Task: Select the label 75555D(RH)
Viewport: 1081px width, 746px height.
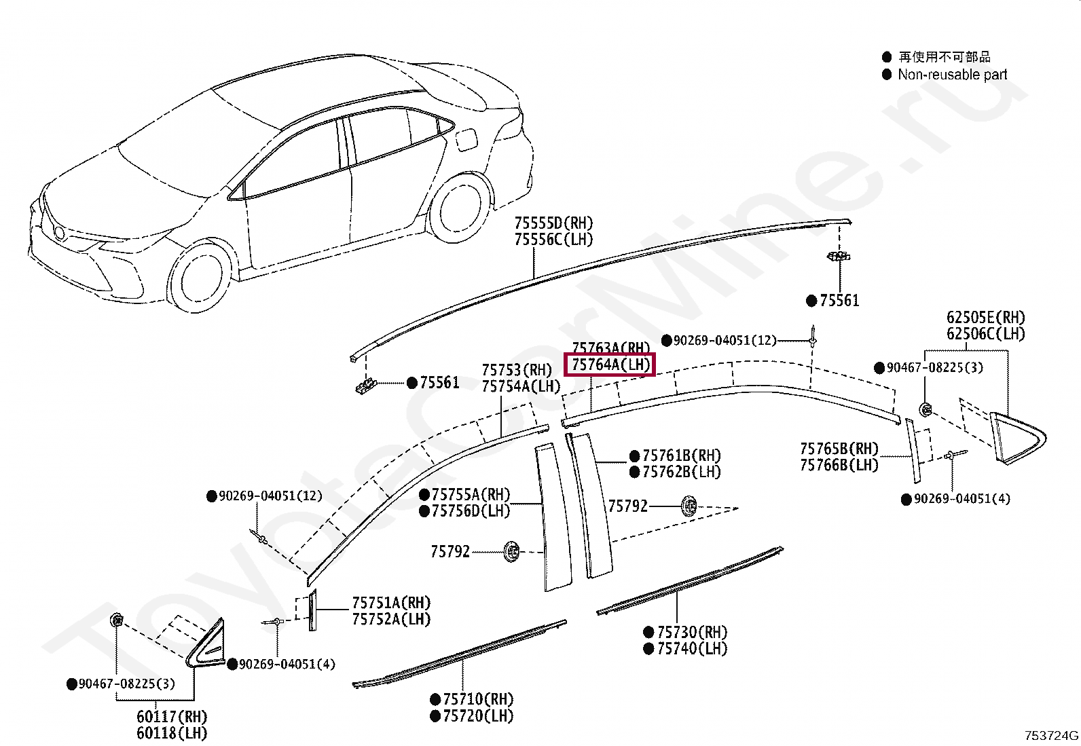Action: (x=553, y=223)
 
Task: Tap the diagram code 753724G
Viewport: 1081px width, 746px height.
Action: (x=1052, y=735)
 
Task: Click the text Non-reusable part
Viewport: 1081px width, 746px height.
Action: (x=952, y=75)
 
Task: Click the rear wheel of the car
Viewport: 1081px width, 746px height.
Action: (x=460, y=208)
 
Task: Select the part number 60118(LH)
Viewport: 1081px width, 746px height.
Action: (x=172, y=733)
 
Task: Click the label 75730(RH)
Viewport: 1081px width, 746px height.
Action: (x=692, y=632)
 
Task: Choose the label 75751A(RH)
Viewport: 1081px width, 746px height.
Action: (x=391, y=603)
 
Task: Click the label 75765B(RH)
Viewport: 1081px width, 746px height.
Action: (x=839, y=449)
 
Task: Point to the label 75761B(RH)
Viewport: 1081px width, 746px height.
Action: (x=682, y=455)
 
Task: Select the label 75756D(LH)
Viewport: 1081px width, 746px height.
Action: (x=471, y=510)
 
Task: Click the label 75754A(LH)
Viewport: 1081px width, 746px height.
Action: (x=521, y=386)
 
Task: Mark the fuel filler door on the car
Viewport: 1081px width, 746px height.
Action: (x=466, y=141)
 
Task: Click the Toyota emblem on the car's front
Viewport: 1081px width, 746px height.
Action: (x=60, y=234)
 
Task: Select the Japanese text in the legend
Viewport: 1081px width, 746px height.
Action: (x=944, y=57)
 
